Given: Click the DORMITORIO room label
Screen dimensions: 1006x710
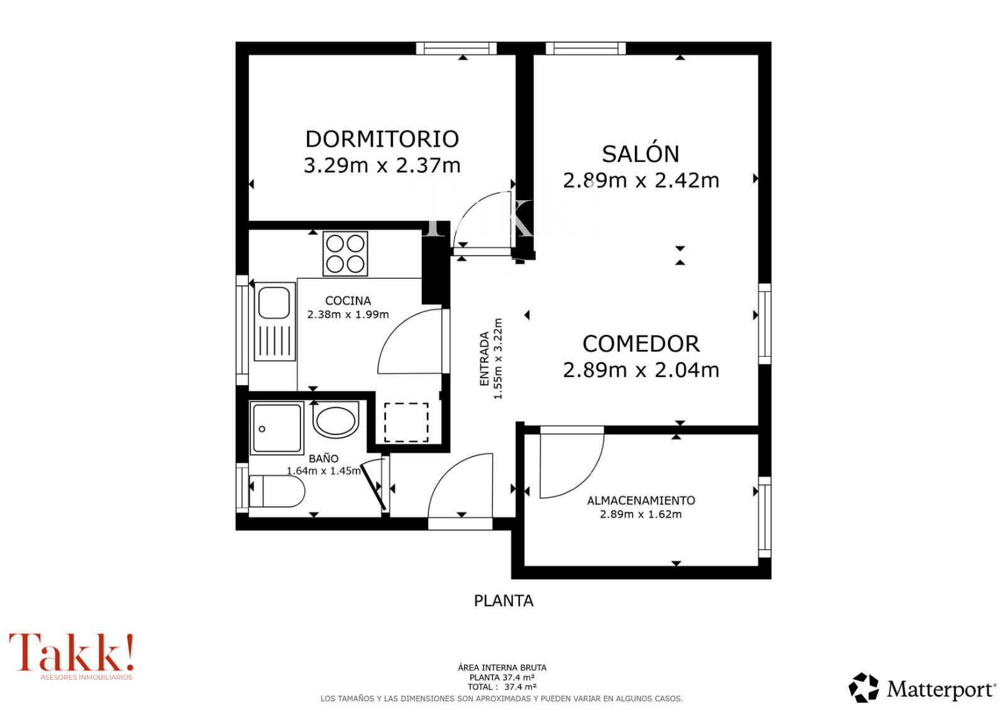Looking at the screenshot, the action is [382, 139].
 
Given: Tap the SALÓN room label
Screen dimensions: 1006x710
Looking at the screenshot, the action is [641, 154].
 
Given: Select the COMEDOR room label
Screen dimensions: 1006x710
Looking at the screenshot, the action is [641, 344].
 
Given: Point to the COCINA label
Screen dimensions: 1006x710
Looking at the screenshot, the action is [348, 301].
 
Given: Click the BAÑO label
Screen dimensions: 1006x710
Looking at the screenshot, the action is [323, 458].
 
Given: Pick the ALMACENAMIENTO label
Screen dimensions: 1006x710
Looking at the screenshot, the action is [641, 500].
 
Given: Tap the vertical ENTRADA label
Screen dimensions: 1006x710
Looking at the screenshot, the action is [484, 359].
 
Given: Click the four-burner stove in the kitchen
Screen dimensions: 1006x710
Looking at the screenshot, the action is [345, 254].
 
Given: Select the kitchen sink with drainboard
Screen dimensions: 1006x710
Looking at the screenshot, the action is [275, 322].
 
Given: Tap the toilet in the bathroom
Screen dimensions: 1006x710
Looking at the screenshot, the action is [277, 491].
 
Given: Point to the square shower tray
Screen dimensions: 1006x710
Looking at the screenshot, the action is [277, 428].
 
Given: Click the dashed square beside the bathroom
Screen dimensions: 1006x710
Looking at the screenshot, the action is [406, 422].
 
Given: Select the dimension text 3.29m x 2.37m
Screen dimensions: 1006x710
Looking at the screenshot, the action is [382, 165].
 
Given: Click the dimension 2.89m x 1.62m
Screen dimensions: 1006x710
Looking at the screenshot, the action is [641, 514].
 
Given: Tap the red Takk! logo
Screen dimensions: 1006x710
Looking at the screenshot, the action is [72, 656].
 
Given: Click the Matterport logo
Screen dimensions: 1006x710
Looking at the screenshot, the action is [922, 688].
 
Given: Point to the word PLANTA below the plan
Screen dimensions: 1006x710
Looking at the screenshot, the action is [504, 600].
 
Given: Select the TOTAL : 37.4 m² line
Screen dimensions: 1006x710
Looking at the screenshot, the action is [502, 687].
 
